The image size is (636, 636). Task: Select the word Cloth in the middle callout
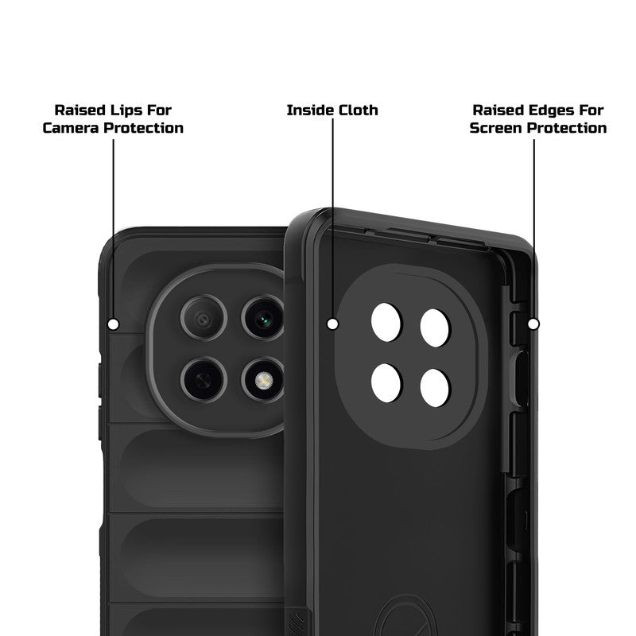point(356,110)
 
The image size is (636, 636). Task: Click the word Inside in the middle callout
point(309,110)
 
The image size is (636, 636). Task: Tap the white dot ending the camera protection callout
point(113,324)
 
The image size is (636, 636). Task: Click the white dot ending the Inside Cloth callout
point(332,324)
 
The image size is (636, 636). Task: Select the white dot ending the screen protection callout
point(533,324)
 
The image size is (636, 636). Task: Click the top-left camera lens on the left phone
point(203,319)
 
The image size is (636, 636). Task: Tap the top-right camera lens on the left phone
point(262,319)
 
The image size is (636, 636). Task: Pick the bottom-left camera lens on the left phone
point(203,376)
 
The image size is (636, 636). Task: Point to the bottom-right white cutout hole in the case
point(436,386)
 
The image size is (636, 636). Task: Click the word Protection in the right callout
point(567,128)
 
